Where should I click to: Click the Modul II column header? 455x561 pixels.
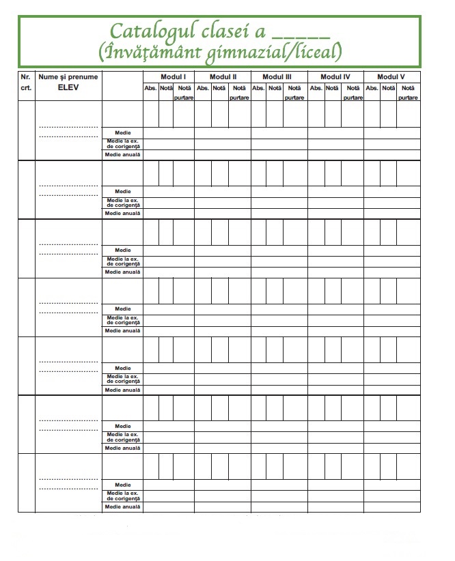pyautogui.click(x=223, y=76)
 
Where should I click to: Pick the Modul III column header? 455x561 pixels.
pyautogui.click(x=277, y=76)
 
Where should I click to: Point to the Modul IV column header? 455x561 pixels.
pyautogui.click(x=335, y=76)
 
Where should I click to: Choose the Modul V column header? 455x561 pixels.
pyautogui.click(x=391, y=76)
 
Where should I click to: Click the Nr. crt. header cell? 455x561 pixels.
pyautogui.click(x=26, y=82)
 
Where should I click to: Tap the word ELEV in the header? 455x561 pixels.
pyautogui.click(x=68, y=87)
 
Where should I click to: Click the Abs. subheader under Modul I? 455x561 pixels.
pyautogui.click(x=150, y=88)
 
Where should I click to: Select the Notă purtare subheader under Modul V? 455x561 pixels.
pyautogui.click(x=408, y=92)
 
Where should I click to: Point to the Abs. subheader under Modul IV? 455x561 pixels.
pyautogui.click(x=316, y=88)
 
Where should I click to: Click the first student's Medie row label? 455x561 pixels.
pyautogui.click(x=123, y=132)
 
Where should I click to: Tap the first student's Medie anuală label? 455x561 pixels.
pyautogui.click(x=123, y=154)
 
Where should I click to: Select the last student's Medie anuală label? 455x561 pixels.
pyautogui.click(x=123, y=506)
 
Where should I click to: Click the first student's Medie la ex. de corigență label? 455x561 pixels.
pyautogui.click(x=123, y=143)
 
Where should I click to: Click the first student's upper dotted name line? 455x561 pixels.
pyautogui.click(x=68, y=127)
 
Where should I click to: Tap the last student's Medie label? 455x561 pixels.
pyautogui.click(x=123, y=485)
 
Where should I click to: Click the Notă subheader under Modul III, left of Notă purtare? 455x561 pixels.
pyautogui.click(x=273, y=88)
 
